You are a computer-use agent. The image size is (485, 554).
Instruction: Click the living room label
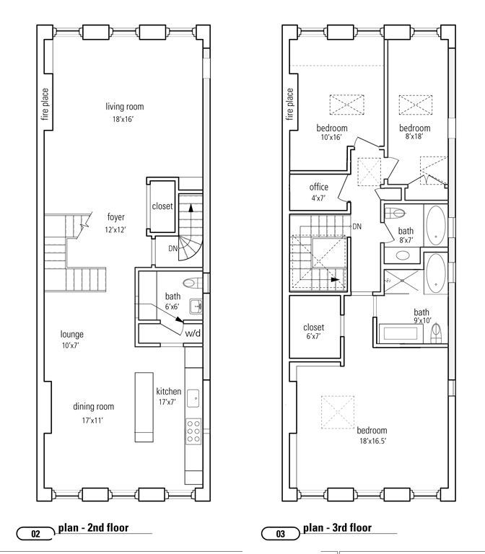click(x=124, y=106)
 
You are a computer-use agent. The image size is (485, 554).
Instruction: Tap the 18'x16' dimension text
click(x=123, y=119)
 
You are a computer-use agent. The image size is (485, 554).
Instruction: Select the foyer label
click(x=116, y=217)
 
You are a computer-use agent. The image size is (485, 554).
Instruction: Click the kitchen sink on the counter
click(x=193, y=398)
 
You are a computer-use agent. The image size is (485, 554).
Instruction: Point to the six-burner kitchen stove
click(x=193, y=431)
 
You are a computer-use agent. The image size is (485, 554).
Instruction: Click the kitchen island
click(x=144, y=407)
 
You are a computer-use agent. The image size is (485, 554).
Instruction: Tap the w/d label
click(x=193, y=333)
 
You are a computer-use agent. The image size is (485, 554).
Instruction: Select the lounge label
click(x=72, y=334)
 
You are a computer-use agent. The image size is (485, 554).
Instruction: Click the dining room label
click(x=93, y=407)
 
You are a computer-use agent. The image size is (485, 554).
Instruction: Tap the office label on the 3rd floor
click(x=318, y=187)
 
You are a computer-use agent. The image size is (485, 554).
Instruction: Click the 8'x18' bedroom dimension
click(x=414, y=136)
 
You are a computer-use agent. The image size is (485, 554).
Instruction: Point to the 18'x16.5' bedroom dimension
click(x=373, y=441)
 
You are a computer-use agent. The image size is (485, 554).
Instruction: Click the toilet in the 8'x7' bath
click(x=395, y=213)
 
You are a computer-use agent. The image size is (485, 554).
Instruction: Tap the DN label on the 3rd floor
click(x=357, y=227)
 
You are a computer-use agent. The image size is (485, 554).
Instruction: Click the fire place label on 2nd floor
click(x=45, y=104)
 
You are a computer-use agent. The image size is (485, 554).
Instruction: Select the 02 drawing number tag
click(x=35, y=534)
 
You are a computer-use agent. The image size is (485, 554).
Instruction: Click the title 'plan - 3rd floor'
click(x=337, y=528)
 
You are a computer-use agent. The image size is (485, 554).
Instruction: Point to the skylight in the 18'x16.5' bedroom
click(x=338, y=413)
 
